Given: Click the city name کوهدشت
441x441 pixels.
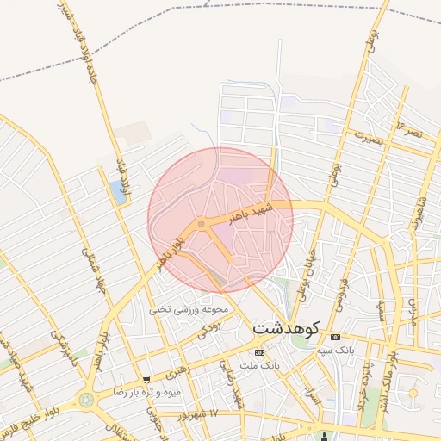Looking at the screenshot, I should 286,328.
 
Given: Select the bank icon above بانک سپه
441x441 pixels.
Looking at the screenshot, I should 335,337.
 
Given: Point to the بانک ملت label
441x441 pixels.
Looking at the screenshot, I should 260,367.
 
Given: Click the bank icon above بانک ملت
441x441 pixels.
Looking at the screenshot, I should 260,353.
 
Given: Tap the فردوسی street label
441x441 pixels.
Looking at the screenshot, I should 342,293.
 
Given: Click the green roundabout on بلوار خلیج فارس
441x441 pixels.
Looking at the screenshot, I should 87,400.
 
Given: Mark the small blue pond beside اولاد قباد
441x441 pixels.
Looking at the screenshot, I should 117,192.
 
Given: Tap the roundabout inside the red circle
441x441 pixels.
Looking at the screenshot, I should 202,224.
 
